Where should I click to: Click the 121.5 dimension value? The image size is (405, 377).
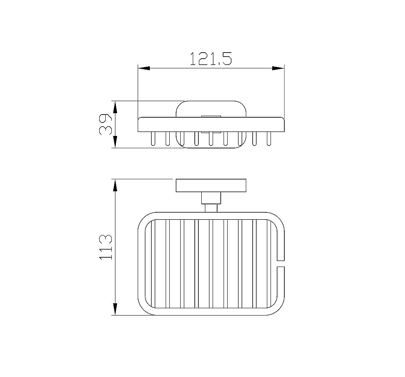pyautogui.click(x=211, y=59)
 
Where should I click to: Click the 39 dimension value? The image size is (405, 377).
pyautogui.click(x=105, y=124)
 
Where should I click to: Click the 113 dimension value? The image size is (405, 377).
pyautogui.click(x=105, y=247)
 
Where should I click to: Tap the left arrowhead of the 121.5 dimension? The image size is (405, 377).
pyautogui.click(x=144, y=68)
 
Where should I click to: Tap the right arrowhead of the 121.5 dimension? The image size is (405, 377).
pyautogui.click(x=278, y=68)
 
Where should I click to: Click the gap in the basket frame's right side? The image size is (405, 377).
pyautogui.click(x=281, y=263)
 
